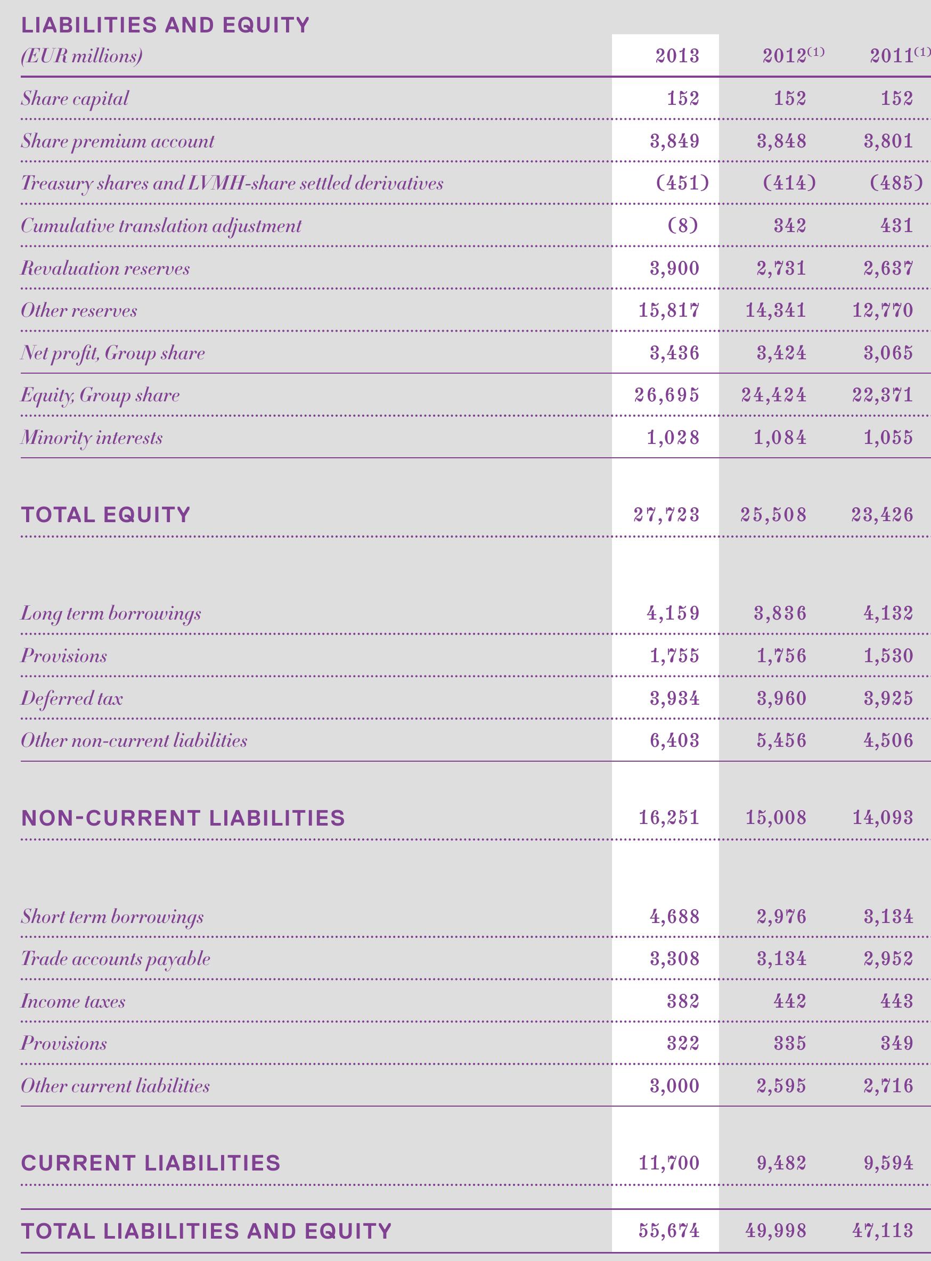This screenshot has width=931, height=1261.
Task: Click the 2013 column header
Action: click(677, 56)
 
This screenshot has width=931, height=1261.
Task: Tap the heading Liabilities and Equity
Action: click(165, 26)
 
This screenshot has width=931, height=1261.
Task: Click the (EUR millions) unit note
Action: click(81, 56)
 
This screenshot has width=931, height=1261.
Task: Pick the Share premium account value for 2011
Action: click(888, 141)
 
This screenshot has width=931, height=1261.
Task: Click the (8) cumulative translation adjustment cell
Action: click(682, 226)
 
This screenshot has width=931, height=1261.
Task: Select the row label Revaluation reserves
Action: click(105, 268)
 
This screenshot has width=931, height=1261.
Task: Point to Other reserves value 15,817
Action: click(669, 310)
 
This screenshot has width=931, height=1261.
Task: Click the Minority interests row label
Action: click(92, 438)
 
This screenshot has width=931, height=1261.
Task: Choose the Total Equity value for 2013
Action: click(667, 515)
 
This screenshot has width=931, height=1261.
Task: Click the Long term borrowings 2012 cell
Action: click(780, 613)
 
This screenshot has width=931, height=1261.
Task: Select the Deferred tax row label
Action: click(71, 698)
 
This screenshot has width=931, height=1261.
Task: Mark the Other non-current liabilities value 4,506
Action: click(888, 740)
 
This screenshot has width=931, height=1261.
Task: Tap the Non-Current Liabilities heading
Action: click(183, 818)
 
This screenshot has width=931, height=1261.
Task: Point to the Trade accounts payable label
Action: click(116, 959)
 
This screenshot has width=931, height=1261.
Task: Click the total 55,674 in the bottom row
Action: click(669, 1231)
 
